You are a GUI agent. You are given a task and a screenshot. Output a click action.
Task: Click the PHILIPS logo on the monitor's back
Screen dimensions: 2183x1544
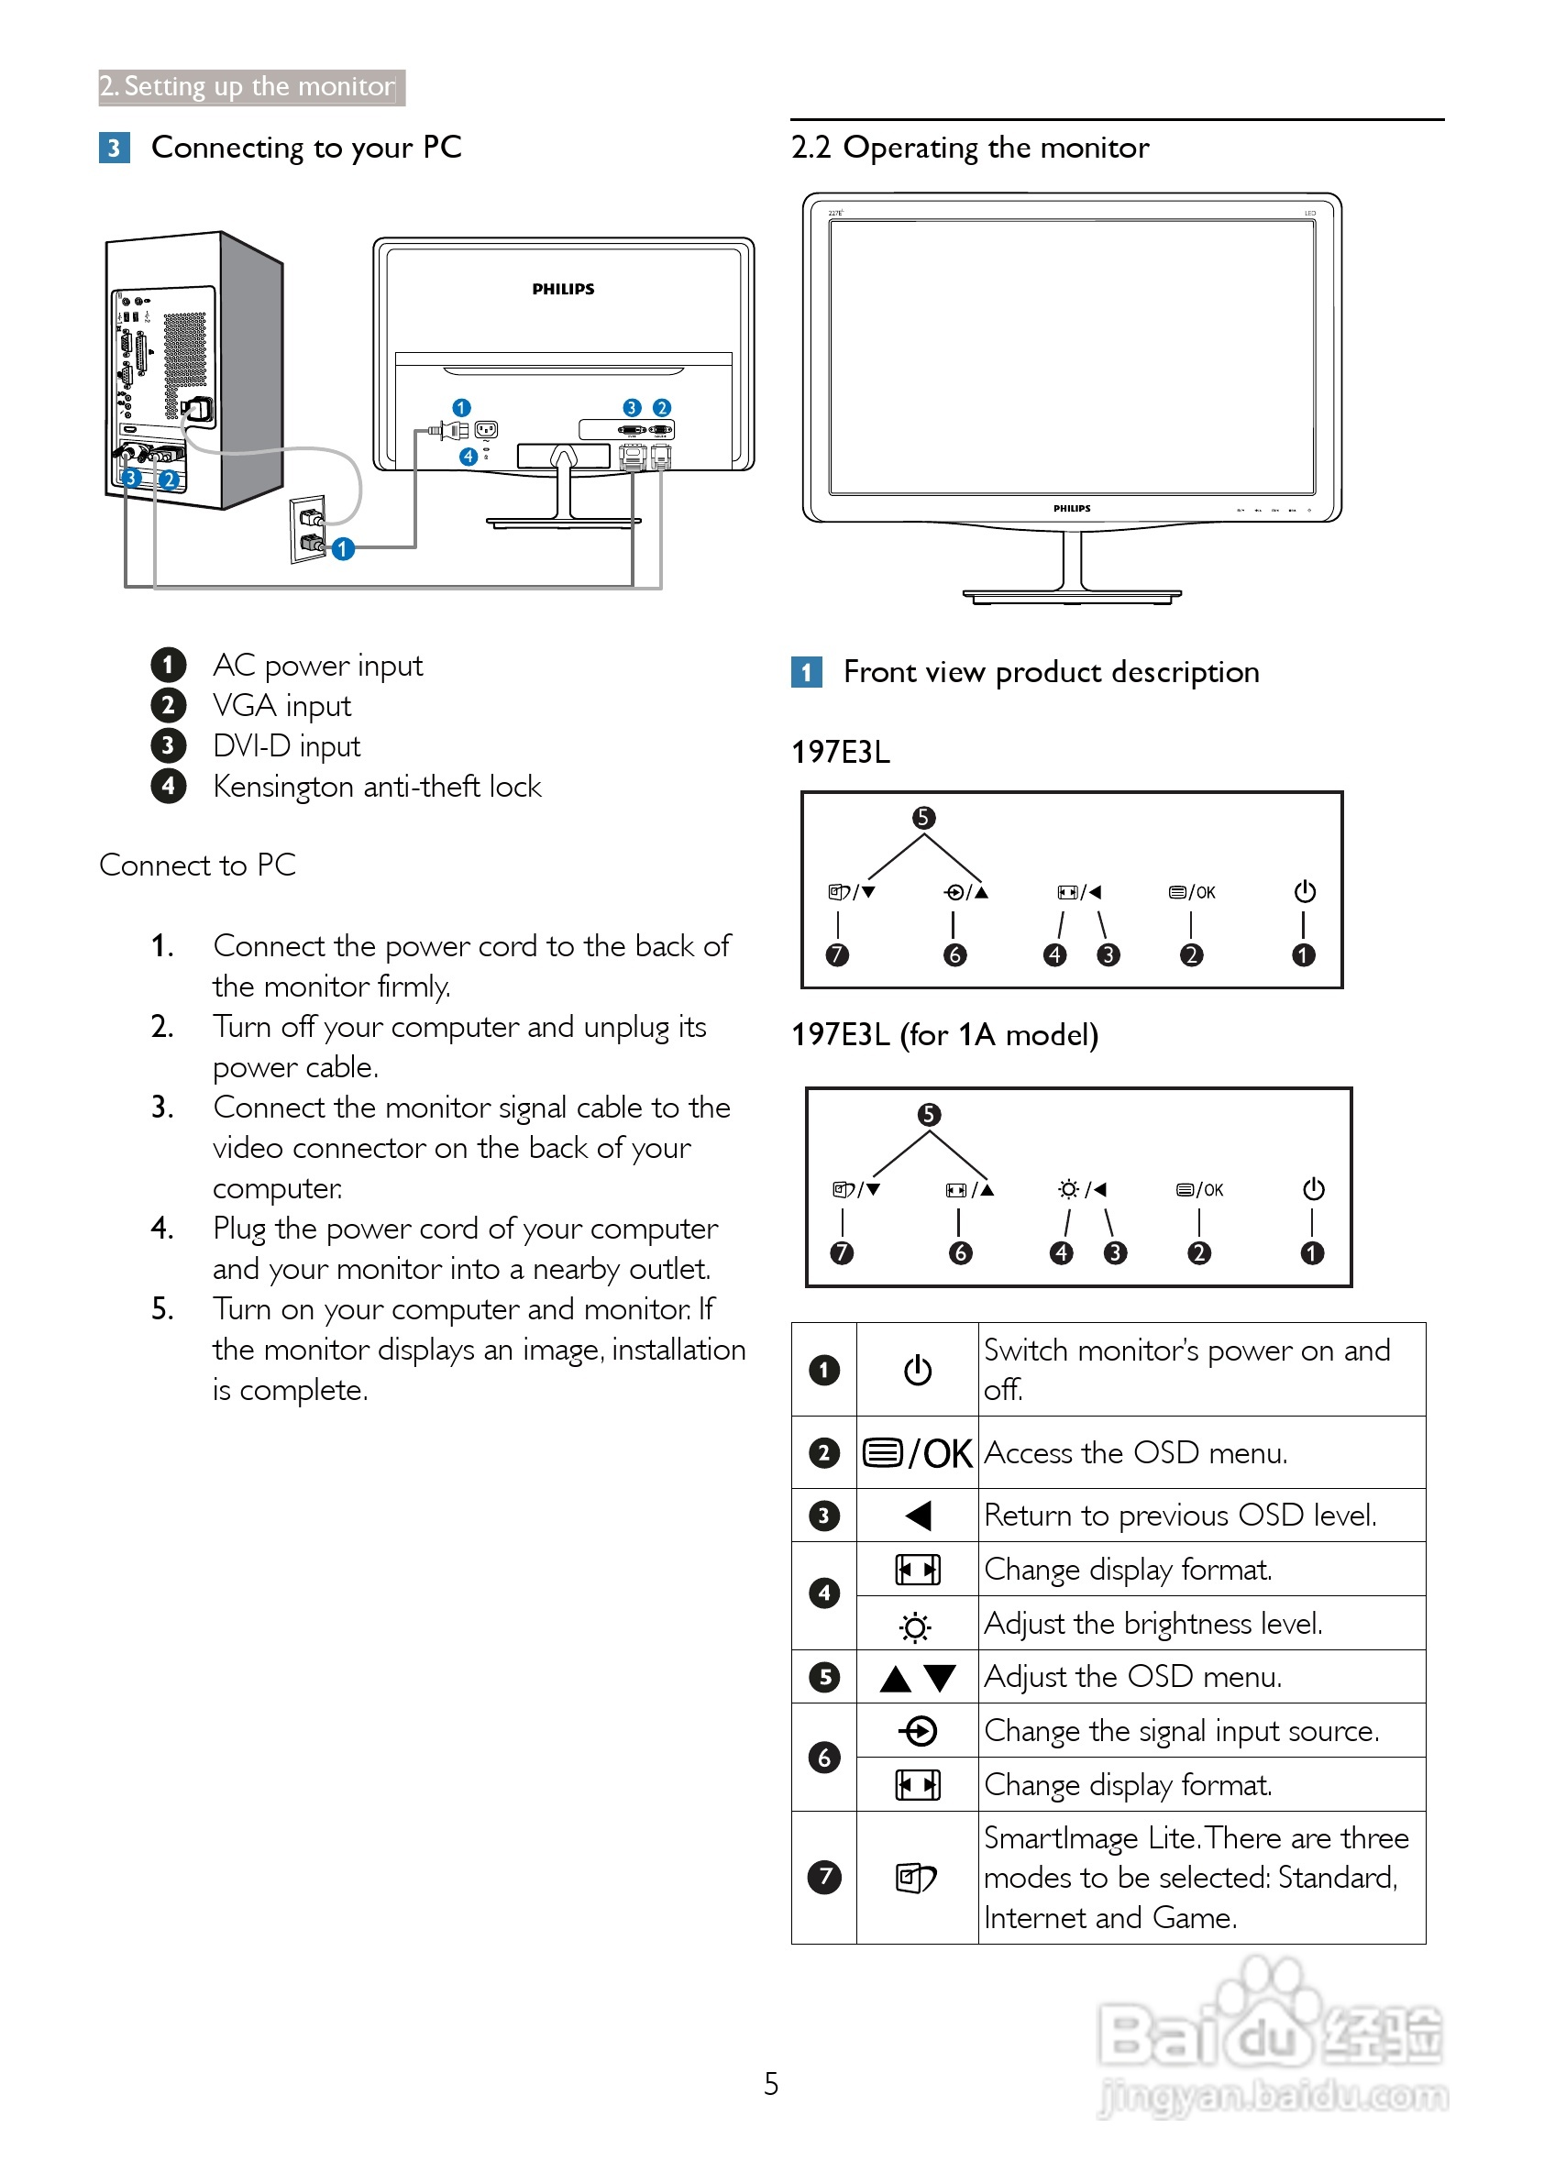tap(563, 289)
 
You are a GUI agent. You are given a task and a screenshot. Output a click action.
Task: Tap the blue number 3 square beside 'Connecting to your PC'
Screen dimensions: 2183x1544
tap(114, 149)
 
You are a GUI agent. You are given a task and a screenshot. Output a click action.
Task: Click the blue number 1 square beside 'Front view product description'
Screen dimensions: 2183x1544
tap(806, 673)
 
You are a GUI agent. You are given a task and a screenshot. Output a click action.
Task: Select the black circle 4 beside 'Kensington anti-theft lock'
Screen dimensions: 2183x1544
tap(169, 787)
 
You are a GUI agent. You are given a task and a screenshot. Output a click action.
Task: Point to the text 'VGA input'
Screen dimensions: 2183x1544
tap(281, 705)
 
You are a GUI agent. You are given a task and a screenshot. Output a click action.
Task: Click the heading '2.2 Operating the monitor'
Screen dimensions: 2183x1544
tap(970, 148)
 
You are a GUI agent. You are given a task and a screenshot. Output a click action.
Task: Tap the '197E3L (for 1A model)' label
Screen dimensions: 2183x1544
tap(944, 1034)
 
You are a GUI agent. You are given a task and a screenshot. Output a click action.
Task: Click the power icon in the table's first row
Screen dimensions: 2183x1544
tap(918, 1370)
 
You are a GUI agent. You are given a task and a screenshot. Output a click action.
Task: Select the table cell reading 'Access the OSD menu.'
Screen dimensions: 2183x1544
tap(1136, 1453)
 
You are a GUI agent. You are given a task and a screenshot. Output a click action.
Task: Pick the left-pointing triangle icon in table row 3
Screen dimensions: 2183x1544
tap(918, 1516)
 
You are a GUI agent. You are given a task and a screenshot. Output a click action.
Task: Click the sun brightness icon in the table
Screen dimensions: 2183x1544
tap(916, 1627)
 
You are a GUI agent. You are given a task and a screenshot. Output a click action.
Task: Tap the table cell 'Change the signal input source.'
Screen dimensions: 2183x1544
tap(1181, 1730)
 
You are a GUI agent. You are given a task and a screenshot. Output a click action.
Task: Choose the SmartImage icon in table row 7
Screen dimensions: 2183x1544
tap(916, 1878)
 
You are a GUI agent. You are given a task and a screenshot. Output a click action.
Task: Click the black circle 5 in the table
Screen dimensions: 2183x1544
tap(824, 1677)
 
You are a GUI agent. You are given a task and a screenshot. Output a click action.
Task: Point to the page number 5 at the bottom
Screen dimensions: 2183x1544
tap(771, 2084)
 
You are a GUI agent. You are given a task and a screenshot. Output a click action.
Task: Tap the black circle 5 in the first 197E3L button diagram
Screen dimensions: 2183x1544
tap(923, 818)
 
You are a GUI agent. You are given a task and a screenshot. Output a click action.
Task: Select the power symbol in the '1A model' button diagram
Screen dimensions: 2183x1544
tap(1313, 1189)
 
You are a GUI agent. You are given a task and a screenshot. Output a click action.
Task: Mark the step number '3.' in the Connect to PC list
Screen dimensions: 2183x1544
tap(162, 1108)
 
